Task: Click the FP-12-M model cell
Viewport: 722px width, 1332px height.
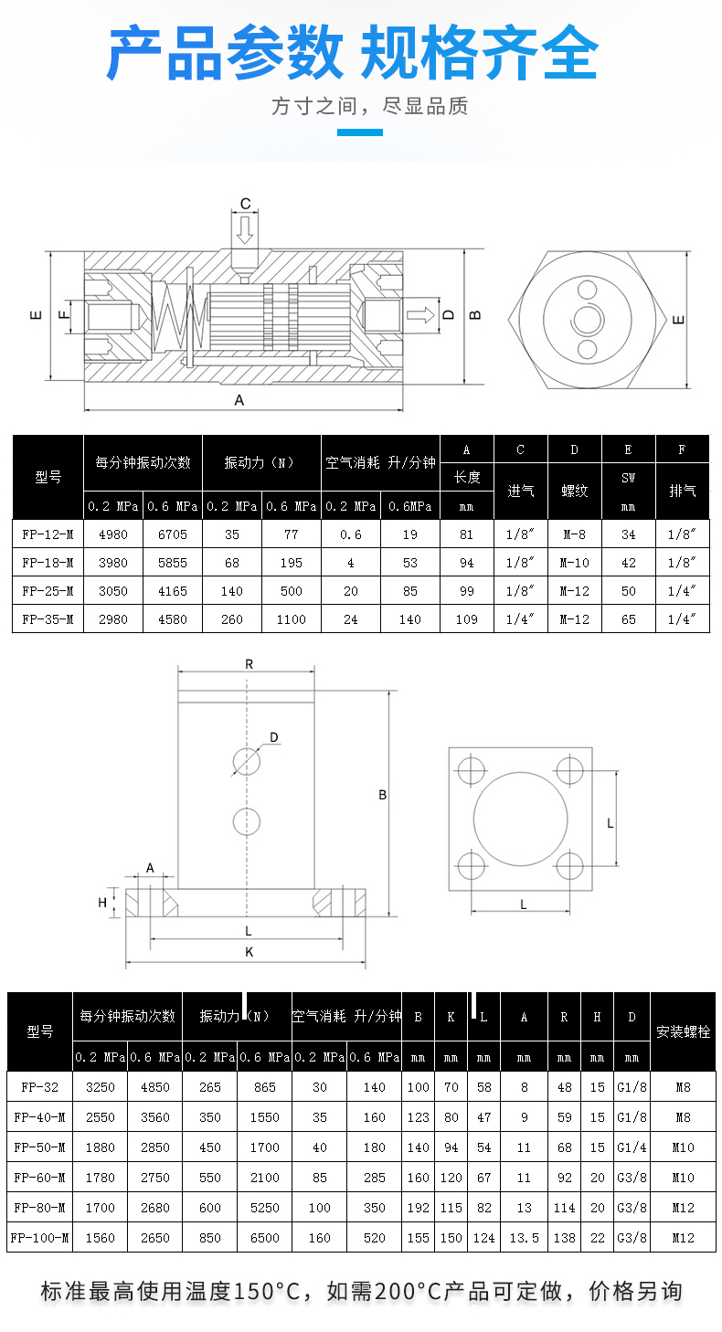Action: tap(48, 534)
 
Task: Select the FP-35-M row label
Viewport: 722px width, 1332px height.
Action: tap(48, 619)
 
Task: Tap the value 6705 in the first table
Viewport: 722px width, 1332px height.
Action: tap(172, 534)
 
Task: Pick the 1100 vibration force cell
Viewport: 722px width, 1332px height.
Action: tap(292, 619)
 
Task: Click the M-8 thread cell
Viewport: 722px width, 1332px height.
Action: tap(575, 534)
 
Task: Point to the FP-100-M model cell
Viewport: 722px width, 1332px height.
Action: tap(40, 1238)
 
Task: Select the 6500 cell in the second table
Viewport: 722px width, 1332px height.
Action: tap(264, 1238)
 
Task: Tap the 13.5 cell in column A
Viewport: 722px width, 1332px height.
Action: tap(524, 1238)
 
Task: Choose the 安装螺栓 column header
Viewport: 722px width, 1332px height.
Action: tap(683, 1031)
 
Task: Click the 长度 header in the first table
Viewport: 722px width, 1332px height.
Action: tap(466, 477)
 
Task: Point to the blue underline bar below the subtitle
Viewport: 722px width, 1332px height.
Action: tap(360, 132)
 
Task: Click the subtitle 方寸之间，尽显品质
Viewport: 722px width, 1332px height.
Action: tap(369, 107)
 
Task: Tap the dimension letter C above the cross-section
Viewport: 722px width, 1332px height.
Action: tap(245, 204)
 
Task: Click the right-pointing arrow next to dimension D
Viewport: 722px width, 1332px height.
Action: tap(420, 314)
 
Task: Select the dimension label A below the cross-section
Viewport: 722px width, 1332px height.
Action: tap(240, 400)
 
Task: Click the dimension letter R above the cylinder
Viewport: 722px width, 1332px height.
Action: tap(249, 664)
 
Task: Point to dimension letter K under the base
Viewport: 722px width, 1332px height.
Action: tap(249, 952)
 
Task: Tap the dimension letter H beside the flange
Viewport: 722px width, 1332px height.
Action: tap(103, 903)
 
